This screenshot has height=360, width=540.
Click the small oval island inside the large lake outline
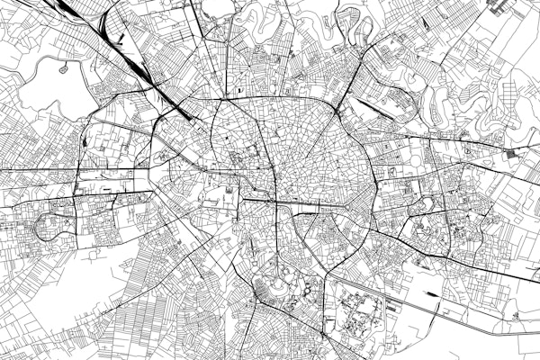[x=63, y=68]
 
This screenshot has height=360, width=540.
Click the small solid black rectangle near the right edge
[x=514, y=155]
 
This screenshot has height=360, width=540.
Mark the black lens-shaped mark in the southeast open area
[x=435, y=293]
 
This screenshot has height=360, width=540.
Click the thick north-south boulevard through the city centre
[x=270, y=180]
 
